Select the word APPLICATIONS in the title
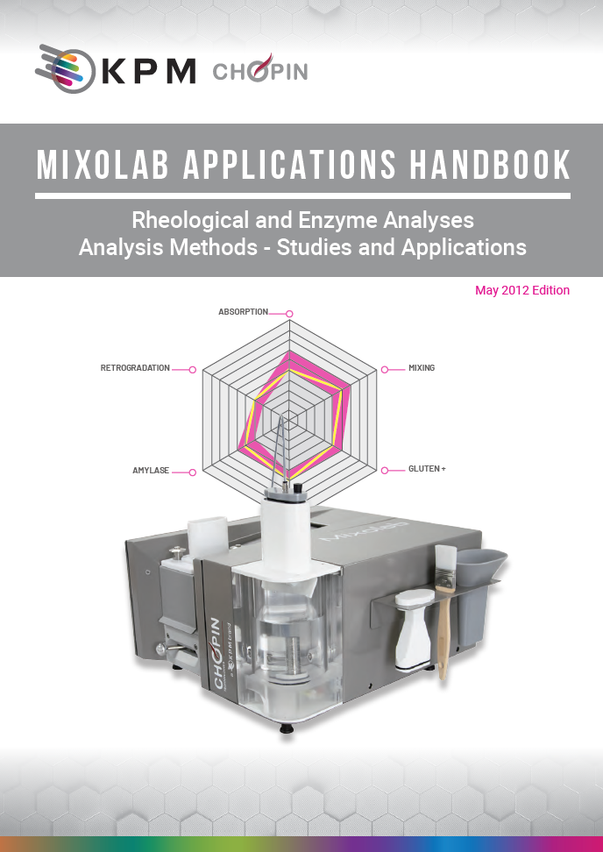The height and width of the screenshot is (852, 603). [294, 167]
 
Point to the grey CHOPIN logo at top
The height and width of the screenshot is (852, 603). [260, 70]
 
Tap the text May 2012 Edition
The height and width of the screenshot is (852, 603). [522, 290]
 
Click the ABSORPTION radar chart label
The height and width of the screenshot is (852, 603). [243, 312]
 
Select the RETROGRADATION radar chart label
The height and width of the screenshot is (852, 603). [135, 368]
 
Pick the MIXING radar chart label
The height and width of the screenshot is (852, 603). [422, 368]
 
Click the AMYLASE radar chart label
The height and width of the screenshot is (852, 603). [150, 472]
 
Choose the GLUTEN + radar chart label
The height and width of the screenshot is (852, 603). [427, 469]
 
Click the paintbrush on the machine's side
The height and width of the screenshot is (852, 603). [444, 605]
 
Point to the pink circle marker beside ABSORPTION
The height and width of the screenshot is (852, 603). [289, 313]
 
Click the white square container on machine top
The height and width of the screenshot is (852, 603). [207, 536]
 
